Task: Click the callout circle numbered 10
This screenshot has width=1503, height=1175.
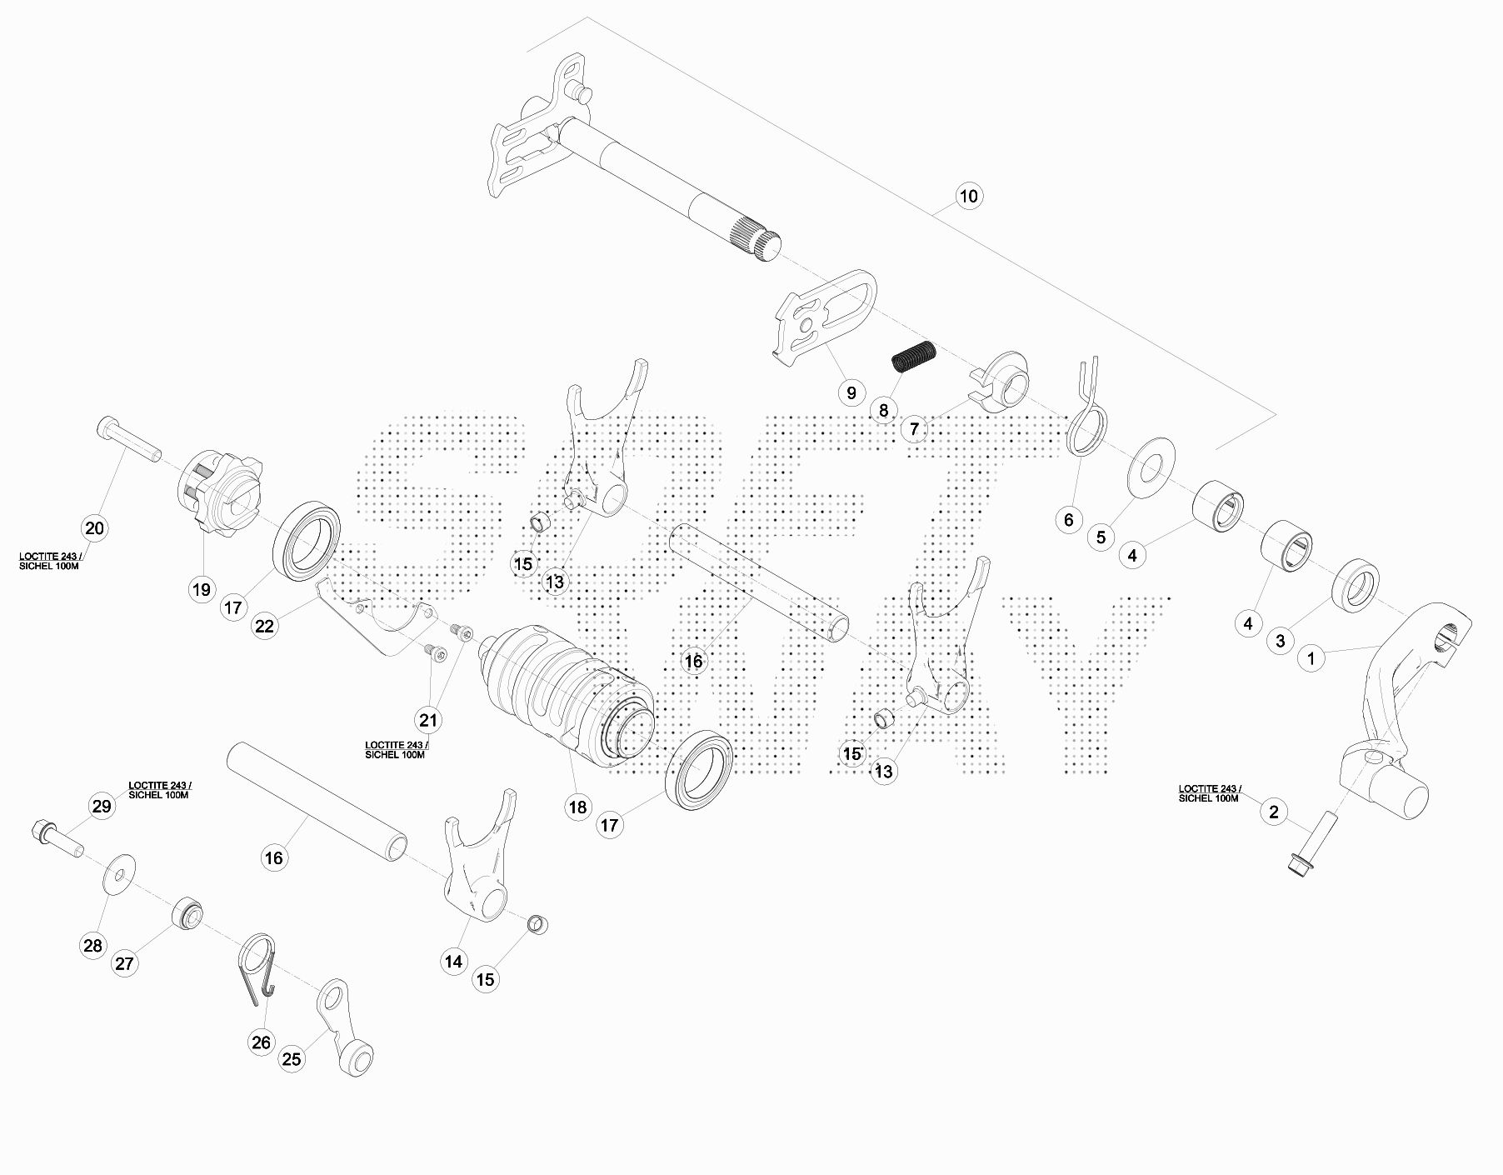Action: click(968, 197)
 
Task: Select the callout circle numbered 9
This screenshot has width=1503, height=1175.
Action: click(851, 392)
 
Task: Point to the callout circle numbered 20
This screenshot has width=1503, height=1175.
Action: click(95, 527)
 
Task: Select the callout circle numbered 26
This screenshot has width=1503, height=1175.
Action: click(262, 1042)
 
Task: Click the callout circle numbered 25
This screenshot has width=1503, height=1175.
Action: click(292, 1059)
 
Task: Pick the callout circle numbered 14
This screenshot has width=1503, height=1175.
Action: click(453, 962)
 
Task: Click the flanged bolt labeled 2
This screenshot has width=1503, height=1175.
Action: click(1308, 851)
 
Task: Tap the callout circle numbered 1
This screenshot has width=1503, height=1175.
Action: click(1311, 658)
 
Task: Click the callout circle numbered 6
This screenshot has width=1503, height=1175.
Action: click(1069, 520)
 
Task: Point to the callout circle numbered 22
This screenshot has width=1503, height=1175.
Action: click(264, 626)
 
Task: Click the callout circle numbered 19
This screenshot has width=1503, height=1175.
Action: click(202, 590)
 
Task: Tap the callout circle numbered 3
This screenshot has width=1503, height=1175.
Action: click(1281, 641)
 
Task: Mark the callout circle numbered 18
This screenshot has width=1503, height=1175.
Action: click(577, 807)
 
